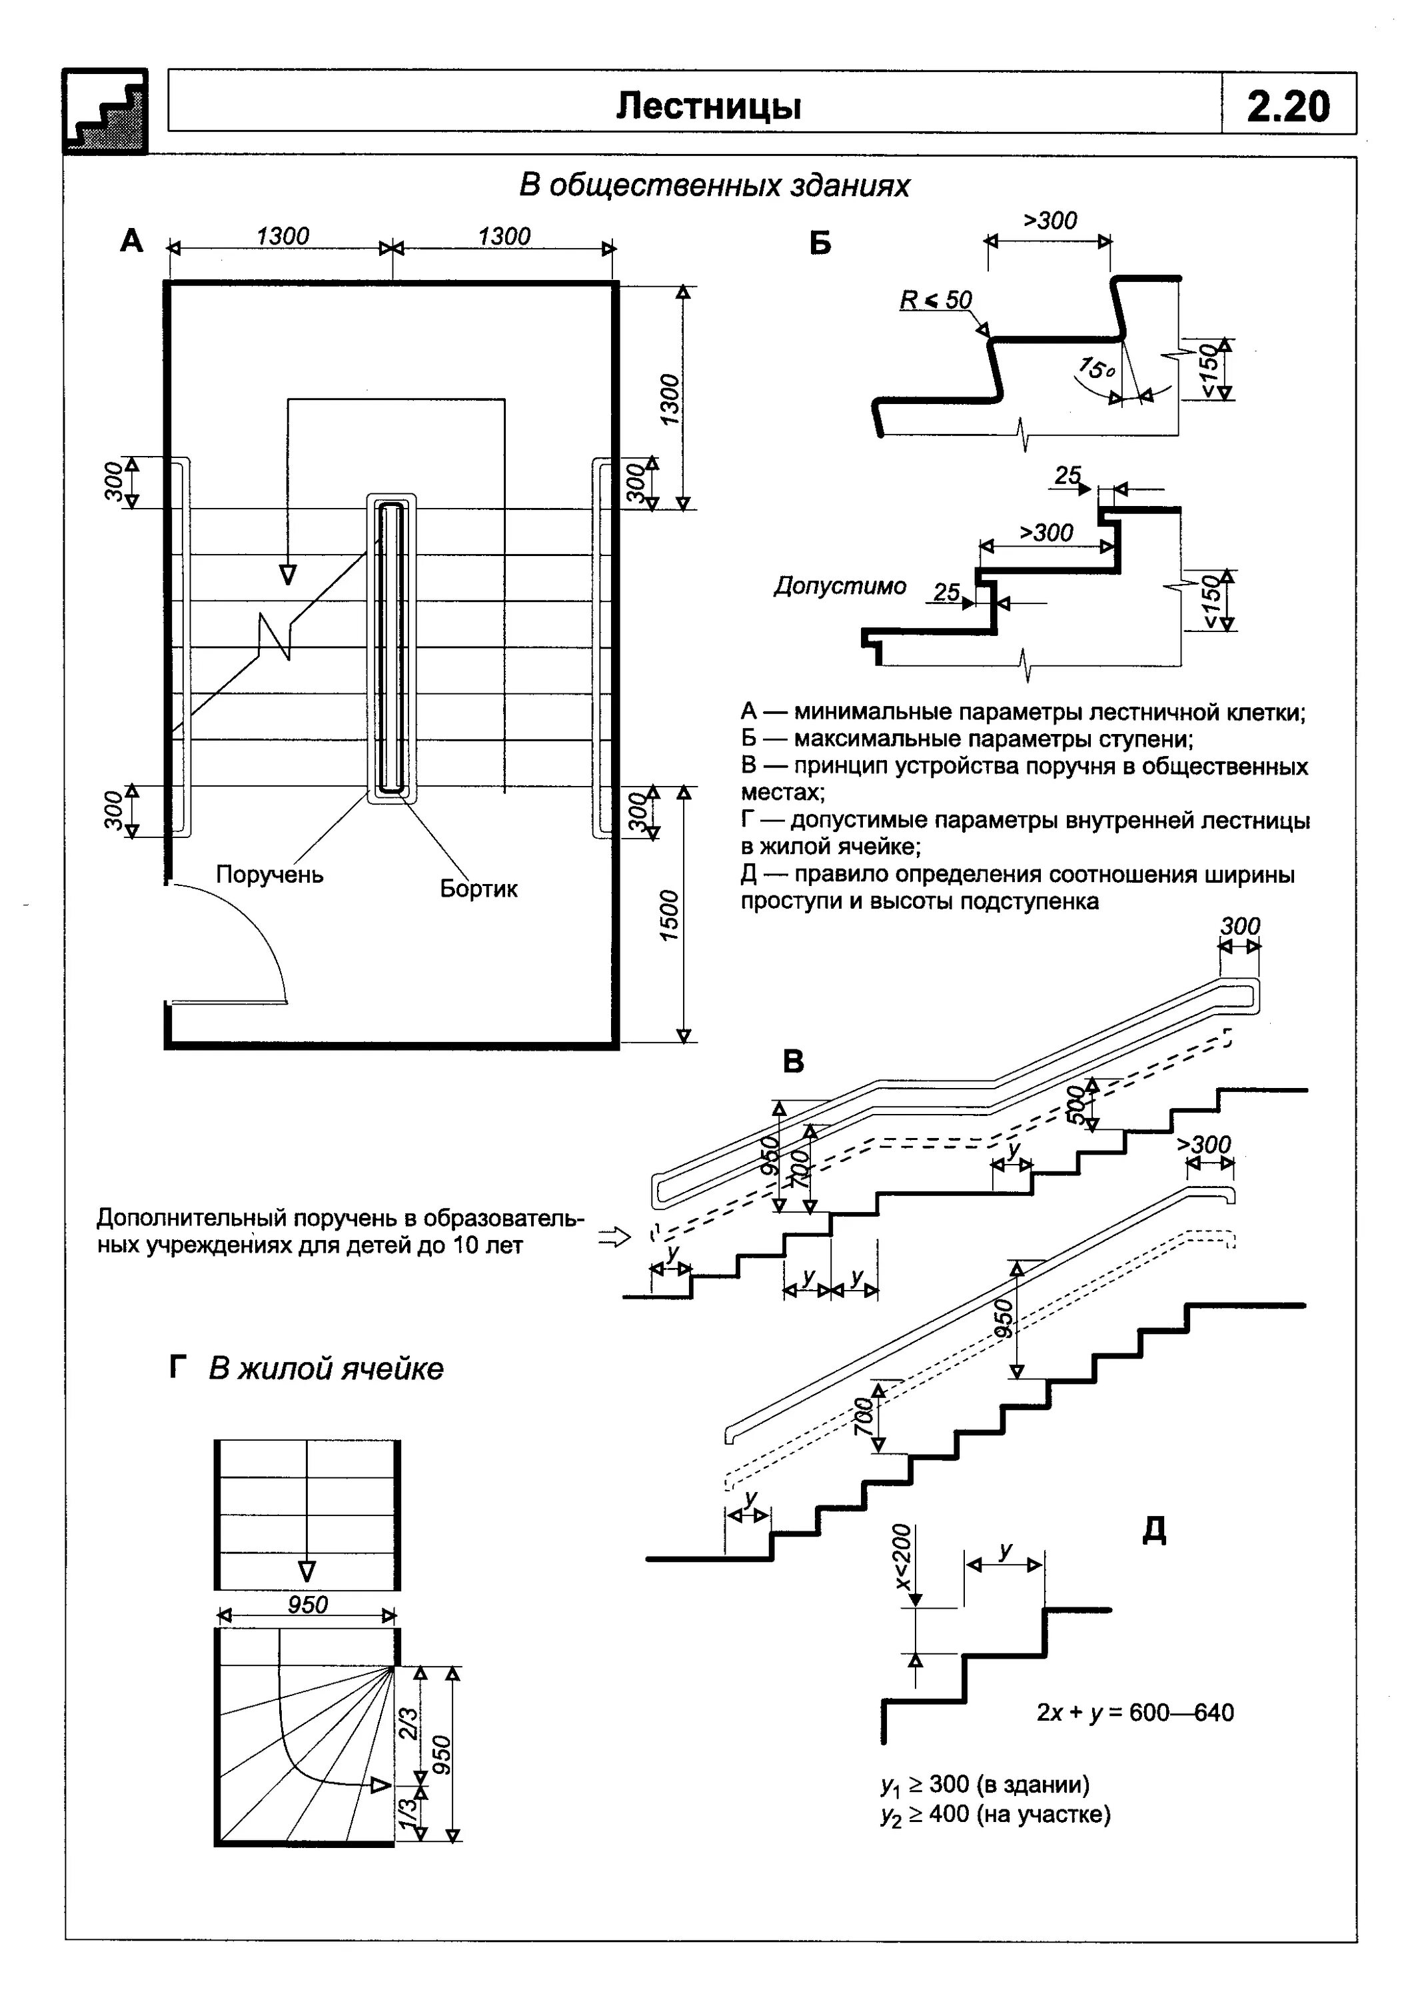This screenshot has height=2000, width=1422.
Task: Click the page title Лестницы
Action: click(708, 106)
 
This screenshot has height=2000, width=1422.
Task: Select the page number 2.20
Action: click(1287, 106)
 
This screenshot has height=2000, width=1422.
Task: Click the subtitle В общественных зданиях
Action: click(714, 186)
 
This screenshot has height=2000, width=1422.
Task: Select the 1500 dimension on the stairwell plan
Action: click(669, 915)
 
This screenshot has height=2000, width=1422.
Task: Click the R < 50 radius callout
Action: click(935, 301)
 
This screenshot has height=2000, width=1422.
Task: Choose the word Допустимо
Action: click(840, 586)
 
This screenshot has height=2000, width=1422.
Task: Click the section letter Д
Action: click(1154, 1529)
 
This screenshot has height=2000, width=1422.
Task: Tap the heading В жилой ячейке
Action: click(325, 1369)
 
